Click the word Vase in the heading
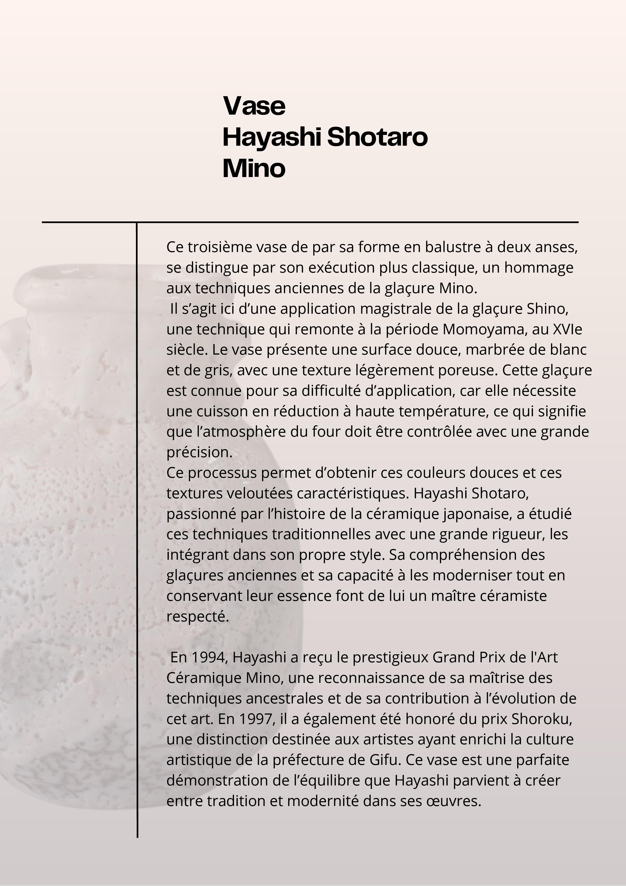click(254, 106)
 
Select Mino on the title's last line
click(254, 169)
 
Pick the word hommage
click(539, 267)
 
